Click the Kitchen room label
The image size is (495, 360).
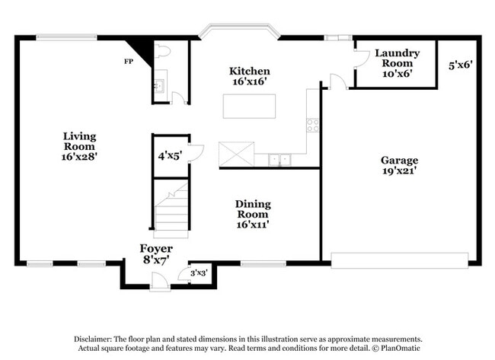[249, 77]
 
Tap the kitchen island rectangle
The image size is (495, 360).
[249, 106]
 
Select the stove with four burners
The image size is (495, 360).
[312, 126]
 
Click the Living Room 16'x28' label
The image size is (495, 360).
[79, 145]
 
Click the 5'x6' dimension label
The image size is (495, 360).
[461, 65]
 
